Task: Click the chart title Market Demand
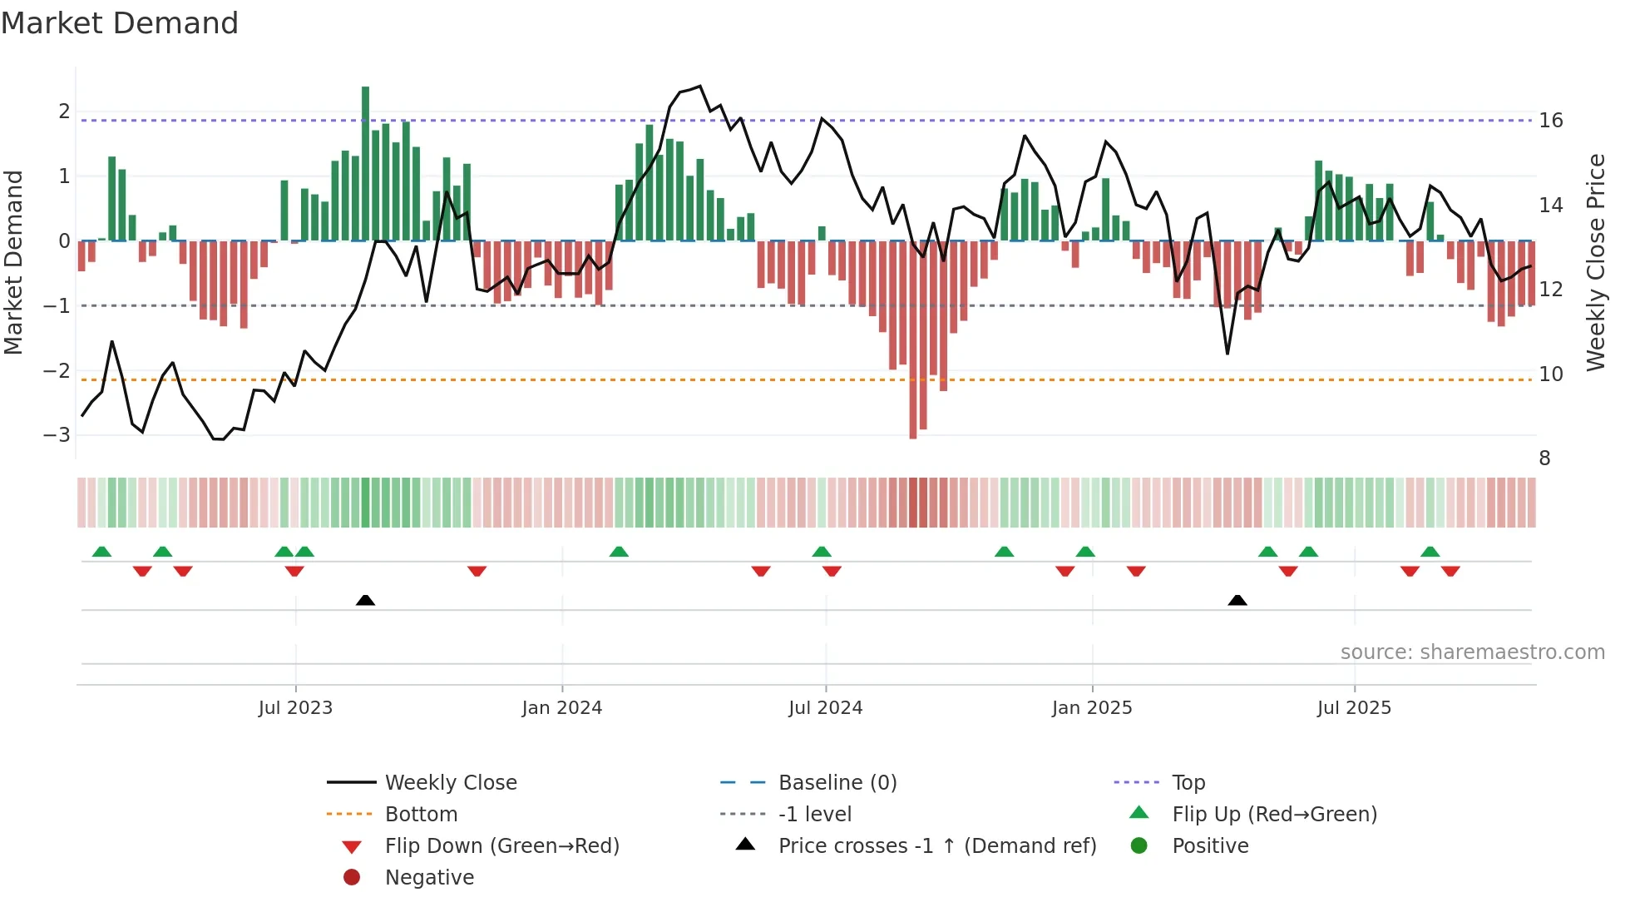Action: [120, 23]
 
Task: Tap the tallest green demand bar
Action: [365, 162]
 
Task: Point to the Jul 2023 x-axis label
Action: [295, 708]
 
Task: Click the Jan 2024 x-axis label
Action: [561, 708]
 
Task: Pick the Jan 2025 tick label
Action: [1091, 708]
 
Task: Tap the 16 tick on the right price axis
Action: [1550, 121]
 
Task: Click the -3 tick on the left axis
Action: [57, 435]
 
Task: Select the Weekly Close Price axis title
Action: [1595, 262]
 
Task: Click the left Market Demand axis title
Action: [13, 262]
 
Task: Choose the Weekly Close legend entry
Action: [450, 783]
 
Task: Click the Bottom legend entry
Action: [421, 815]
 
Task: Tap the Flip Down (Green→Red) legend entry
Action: [501, 846]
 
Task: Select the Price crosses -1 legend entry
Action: [936, 846]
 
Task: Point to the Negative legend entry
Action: [429, 878]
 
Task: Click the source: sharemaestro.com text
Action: [1472, 652]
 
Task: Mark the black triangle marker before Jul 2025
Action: [1237, 600]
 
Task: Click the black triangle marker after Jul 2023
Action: [365, 600]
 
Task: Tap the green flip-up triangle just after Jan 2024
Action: [619, 552]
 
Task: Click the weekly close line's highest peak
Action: [700, 86]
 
